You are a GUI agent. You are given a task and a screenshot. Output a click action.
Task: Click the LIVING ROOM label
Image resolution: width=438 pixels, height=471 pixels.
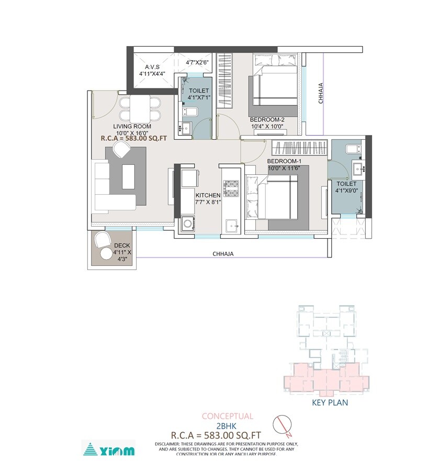(x=132, y=126)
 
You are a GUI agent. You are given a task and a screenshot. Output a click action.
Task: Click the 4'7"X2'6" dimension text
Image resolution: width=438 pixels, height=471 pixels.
(x=197, y=62)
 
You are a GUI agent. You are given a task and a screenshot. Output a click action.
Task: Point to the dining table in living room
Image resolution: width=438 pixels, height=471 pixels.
(x=140, y=108)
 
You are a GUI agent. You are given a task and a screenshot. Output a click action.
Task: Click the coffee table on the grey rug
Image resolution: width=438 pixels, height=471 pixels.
(x=128, y=176)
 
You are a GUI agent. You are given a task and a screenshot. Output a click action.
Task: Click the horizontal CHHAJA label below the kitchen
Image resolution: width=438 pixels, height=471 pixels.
(x=223, y=254)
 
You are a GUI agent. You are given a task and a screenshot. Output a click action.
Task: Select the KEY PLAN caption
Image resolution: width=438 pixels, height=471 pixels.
(x=330, y=403)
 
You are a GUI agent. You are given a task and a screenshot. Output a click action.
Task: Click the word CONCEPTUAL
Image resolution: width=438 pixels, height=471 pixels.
(x=228, y=417)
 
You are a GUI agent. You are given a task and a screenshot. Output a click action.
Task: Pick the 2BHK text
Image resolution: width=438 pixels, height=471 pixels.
(x=227, y=426)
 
